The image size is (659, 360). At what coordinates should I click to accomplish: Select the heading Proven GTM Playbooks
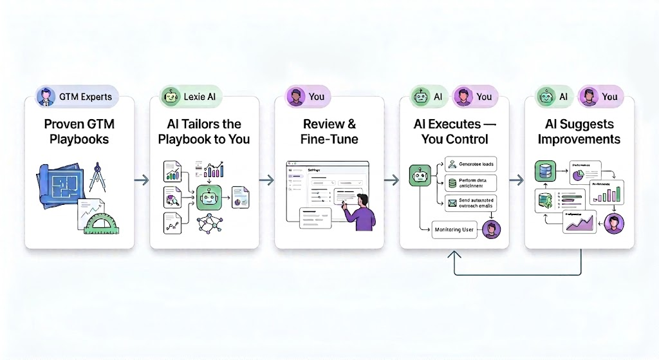[x=80, y=131]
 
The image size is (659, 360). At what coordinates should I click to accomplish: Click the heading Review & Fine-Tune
[x=329, y=131]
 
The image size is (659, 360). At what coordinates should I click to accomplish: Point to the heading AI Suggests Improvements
[x=579, y=131]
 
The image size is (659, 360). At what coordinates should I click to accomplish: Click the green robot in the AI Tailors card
[x=210, y=198]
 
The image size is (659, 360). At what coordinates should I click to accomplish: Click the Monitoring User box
[x=454, y=229]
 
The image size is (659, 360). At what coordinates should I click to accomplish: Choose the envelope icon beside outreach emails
[x=452, y=203]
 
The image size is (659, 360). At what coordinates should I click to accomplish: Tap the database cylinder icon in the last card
[x=545, y=171]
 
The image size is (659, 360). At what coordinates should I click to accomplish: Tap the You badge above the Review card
[x=308, y=97]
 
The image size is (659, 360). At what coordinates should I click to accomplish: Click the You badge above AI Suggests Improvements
[x=601, y=97]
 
